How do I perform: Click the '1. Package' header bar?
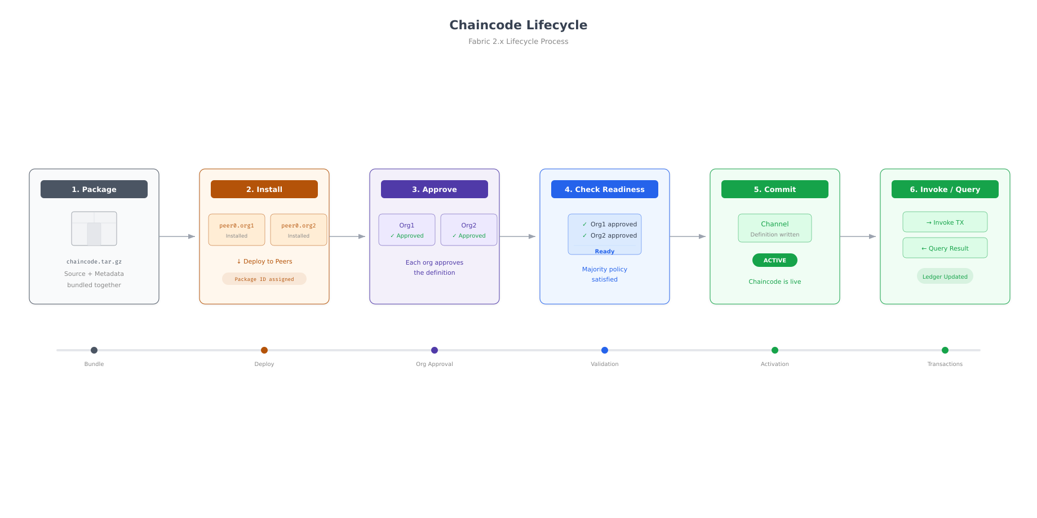(x=94, y=189)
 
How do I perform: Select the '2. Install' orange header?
(x=264, y=189)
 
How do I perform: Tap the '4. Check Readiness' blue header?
(x=605, y=189)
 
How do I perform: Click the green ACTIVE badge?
(x=775, y=260)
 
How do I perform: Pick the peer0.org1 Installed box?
(x=237, y=230)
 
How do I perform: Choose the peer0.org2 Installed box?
(x=299, y=230)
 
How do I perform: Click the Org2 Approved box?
(x=469, y=230)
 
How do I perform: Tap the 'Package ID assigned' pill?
(x=264, y=279)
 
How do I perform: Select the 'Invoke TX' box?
(x=945, y=222)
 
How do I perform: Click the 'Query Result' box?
(x=945, y=248)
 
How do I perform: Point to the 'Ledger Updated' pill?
(x=945, y=276)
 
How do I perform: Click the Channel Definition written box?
(x=775, y=228)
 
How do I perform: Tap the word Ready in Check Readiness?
(x=605, y=252)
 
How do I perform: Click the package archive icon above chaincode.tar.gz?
(x=94, y=229)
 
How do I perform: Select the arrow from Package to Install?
(x=178, y=236)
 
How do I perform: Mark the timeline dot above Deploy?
(x=264, y=350)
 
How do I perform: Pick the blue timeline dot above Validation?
(x=605, y=350)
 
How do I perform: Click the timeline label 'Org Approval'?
(x=435, y=364)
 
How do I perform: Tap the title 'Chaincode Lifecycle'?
(x=518, y=25)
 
